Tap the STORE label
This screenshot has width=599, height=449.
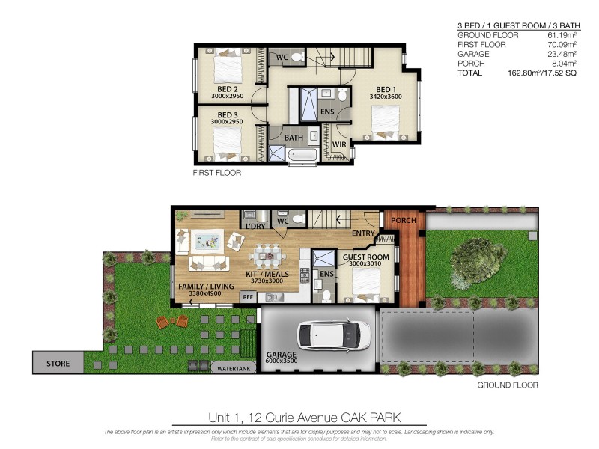point(58,364)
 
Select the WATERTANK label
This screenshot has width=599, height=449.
point(234,368)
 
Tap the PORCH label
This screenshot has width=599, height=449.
point(403,220)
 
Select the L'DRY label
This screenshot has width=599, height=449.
point(252,225)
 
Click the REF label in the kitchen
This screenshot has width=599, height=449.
point(247,297)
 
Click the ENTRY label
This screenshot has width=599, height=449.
point(363,233)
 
